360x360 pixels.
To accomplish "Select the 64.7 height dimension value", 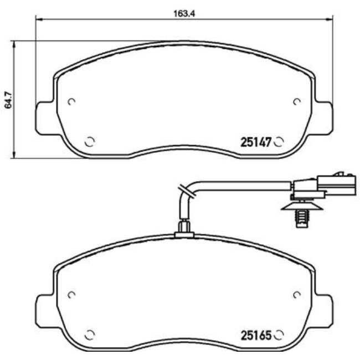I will coord(8,100).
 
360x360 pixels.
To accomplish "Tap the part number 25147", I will coord(255,142).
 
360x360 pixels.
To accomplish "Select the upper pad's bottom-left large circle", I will coord(90,141).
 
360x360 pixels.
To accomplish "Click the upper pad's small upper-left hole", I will coord(71,101).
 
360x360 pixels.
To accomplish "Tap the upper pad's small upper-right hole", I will coord(296,101).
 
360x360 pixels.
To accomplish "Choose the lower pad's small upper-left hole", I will coord(71,294).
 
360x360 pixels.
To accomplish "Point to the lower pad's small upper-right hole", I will coord(296,294).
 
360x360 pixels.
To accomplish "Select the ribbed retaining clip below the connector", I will coord(300,214).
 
